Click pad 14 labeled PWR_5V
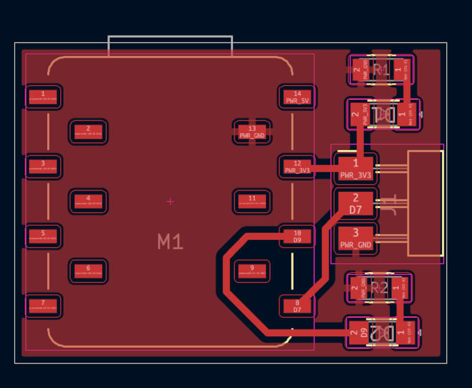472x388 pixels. (297, 97)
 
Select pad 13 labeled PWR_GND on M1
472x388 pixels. (252, 131)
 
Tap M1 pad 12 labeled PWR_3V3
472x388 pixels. (297, 166)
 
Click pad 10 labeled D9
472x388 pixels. (297, 236)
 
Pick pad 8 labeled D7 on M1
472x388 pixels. (297, 305)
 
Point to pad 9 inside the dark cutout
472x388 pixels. (252, 271)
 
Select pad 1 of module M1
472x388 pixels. (43, 97)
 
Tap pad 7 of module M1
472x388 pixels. (43, 305)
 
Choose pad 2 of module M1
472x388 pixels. (88, 131)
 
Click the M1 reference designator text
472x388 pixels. (170, 241)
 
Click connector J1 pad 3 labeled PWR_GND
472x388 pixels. (356, 237)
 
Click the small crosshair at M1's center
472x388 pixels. (171, 202)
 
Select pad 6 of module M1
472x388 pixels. (88, 271)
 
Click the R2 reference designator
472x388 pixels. (379, 288)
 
